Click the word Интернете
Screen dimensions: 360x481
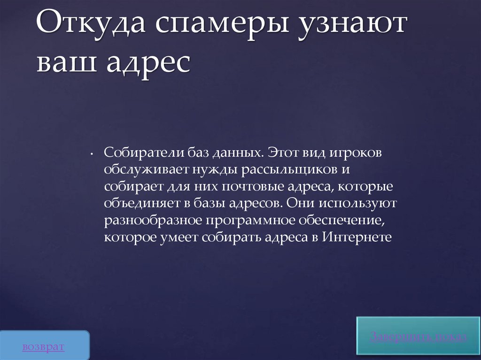point(357,237)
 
